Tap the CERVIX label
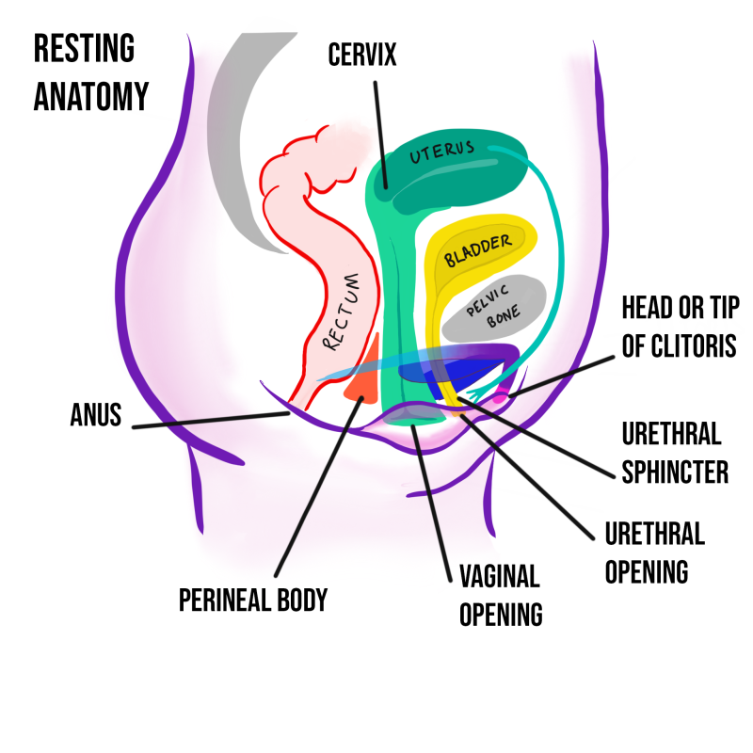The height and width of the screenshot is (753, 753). point(362,55)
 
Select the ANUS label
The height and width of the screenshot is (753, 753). point(96,415)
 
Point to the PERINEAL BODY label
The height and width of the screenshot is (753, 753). point(253,600)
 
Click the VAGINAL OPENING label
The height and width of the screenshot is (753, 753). point(500,595)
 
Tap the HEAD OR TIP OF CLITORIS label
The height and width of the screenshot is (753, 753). point(681,326)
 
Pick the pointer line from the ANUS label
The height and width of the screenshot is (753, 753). point(207,421)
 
